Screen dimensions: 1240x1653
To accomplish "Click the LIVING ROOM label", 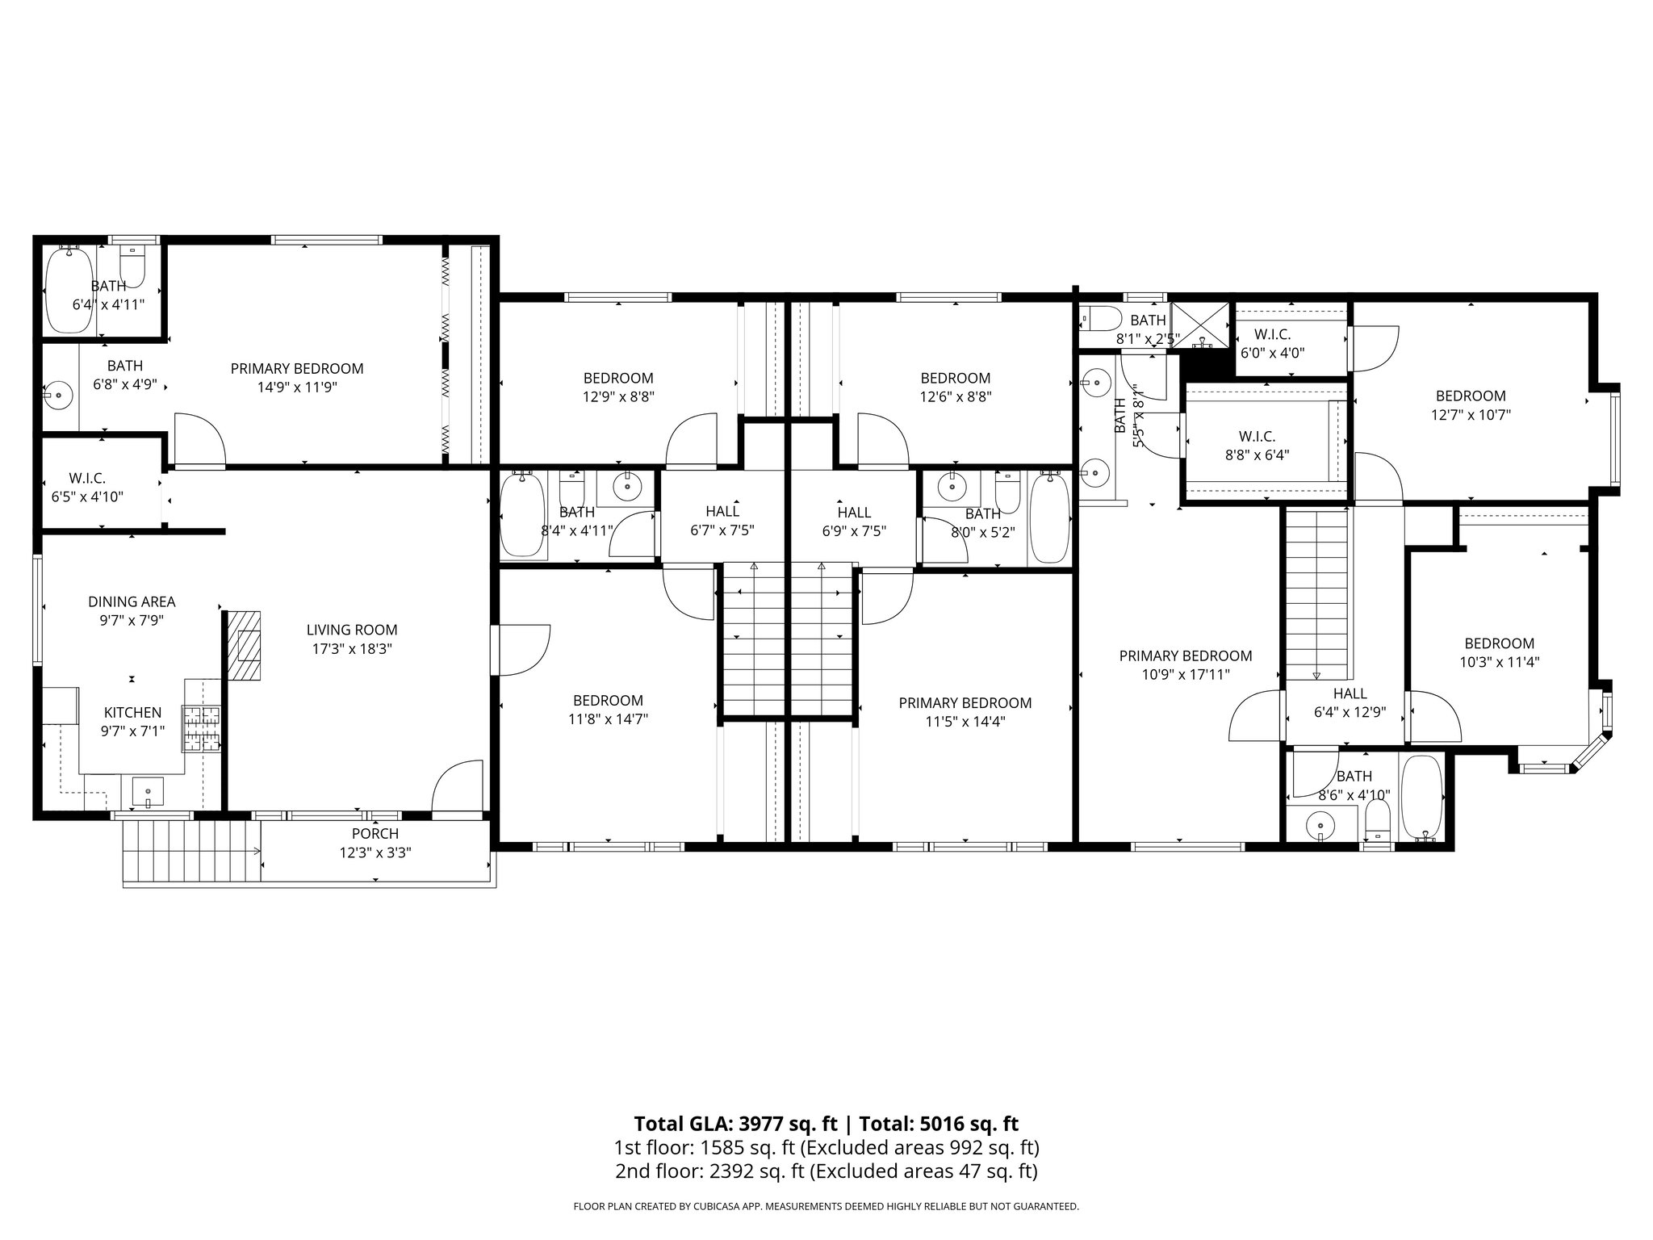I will (x=352, y=630).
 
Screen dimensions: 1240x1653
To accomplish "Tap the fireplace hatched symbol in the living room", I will (x=245, y=646).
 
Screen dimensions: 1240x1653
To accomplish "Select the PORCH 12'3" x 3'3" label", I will (x=375, y=843).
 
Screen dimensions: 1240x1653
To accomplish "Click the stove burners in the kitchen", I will (x=202, y=729).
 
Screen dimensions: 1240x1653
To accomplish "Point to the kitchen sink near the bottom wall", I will (x=148, y=791).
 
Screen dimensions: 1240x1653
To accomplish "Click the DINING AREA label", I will (x=132, y=602).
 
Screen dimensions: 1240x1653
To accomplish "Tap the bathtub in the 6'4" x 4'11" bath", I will (x=69, y=291).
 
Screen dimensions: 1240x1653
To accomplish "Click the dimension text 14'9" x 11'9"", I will (x=297, y=387).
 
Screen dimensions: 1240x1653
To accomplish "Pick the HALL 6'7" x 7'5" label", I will (x=722, y=521).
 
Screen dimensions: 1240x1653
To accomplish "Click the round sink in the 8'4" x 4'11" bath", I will (x=626, y=487).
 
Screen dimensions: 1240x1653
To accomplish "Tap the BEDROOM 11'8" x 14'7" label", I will (x=608, y=710).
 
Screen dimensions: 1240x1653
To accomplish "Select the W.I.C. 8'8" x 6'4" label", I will (x=1257, y=446).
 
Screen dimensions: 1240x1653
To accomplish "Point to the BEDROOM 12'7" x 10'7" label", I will (x=1471, y=405).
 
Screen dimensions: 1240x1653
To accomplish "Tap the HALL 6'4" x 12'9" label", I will (x=1350, y=702).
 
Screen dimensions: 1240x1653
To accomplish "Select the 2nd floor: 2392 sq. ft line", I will (x=825, y=1171).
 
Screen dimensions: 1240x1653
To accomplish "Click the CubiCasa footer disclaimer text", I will (x=826, y=1207).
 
